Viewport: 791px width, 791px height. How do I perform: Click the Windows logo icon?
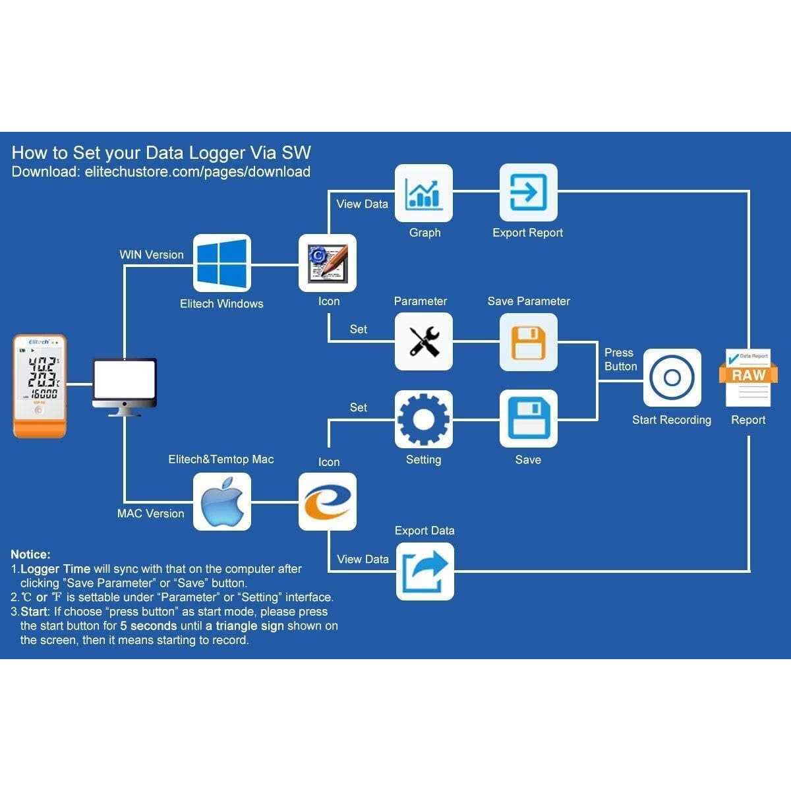coord(221,263)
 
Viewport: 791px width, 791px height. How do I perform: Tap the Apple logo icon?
coord(221,502)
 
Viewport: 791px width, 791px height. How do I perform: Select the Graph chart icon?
coord(424,192)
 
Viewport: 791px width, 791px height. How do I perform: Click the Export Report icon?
coord(528,192)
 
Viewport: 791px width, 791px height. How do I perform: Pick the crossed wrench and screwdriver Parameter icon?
coord(424,341)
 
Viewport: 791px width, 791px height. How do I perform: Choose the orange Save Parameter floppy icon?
coord(528,341)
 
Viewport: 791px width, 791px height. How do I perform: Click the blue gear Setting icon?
coord(424,419)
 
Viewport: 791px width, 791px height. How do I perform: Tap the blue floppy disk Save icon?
coord(528,419)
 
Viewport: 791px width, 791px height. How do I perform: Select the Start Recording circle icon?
coord(672,378)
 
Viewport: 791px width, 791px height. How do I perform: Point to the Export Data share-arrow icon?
coord(425,571)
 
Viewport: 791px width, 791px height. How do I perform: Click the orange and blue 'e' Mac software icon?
coord(328,502)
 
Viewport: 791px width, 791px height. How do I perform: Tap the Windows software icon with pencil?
coord(328,263)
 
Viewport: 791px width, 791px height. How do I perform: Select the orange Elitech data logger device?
coord(40,386)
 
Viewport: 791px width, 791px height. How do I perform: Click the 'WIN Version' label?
coord(152,255)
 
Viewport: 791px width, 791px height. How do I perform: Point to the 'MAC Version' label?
coord(150,513)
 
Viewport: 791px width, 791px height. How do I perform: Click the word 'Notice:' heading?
coord(30,554)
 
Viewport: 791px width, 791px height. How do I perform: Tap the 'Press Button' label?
coord(620,359)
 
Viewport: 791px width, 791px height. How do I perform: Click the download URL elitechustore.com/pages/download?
coord(197,172)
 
